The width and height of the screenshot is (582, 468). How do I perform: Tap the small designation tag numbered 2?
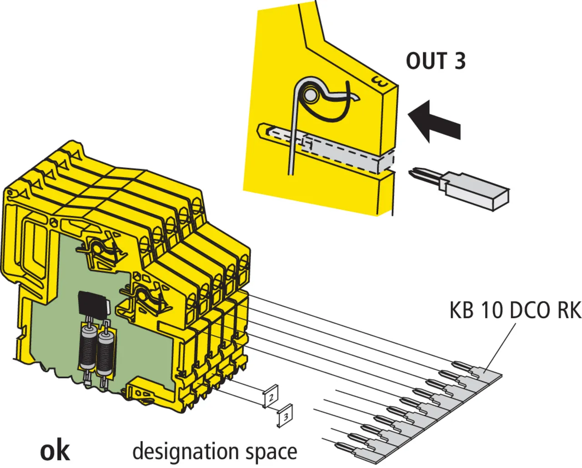click(271, 397)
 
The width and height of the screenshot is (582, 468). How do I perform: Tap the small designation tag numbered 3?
click(285, 416)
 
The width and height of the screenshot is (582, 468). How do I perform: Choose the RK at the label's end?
click(568, 311)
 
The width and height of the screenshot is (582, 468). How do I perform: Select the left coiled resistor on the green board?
click(88, 348)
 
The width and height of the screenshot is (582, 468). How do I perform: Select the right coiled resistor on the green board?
click(105, 352)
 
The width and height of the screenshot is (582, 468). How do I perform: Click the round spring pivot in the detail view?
click(311, 95)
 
